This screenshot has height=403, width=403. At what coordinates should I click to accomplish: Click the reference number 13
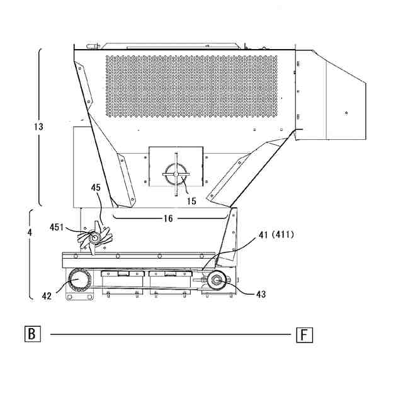coord(38,127)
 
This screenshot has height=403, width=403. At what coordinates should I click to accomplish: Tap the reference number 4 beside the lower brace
coord(30,232)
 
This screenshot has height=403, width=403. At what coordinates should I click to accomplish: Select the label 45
coord(96,188)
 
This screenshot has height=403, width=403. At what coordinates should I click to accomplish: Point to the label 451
coord(57,227)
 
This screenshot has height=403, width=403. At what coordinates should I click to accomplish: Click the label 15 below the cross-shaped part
coord(191,201)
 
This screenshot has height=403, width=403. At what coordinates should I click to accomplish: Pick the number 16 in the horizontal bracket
coord(168,219)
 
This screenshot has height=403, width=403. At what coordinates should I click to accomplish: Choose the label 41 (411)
coord(276,235)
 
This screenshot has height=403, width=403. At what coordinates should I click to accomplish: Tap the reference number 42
coord(47,296)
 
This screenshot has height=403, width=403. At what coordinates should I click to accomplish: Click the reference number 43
coord(261,294)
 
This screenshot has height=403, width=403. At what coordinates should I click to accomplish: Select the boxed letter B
coord(33,334)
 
